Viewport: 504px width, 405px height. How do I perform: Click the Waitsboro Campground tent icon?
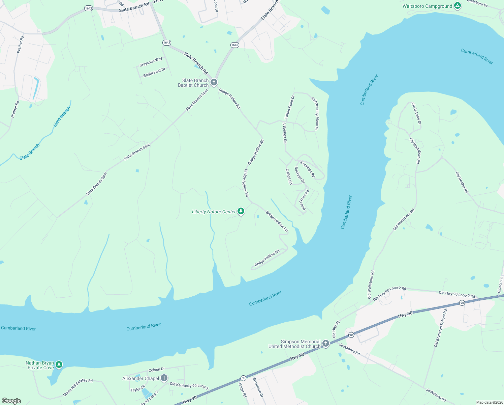[457, 6]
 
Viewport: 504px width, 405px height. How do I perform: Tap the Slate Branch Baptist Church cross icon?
[214, 82]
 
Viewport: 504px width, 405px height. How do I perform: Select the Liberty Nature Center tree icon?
[241, 211]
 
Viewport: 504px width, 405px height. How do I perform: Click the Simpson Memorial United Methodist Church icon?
[325, 344]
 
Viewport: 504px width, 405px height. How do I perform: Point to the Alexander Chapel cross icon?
[164, 378]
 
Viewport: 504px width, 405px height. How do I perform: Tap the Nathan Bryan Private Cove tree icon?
[59, 364]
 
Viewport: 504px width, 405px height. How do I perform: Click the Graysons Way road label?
[151, 62]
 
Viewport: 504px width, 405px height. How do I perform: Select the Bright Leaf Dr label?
[154, 72]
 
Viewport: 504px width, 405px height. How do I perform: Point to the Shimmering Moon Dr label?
[315, 114]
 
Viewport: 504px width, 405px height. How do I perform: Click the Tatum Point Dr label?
[289, 107]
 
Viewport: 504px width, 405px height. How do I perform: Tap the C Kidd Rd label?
[289, 177]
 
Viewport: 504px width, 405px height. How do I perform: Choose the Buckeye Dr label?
[300, 175]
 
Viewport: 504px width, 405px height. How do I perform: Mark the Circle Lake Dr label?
[416, 113]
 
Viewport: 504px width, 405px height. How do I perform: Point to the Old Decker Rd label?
[462, 182]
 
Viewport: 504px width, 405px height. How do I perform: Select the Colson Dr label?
[157, 370]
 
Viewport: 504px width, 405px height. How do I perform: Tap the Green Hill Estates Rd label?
[78, 387]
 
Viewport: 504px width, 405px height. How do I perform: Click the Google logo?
[11, 401]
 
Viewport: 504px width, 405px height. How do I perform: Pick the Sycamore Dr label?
[258, 387]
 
